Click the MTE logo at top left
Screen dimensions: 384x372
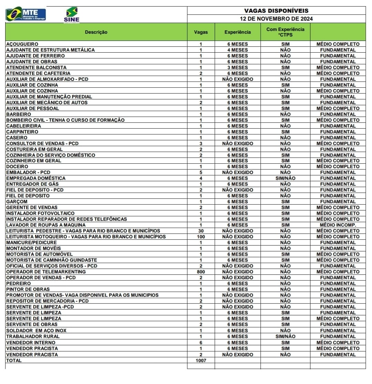click(x=26, y=14)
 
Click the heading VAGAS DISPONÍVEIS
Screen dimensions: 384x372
click(x=276, y=11)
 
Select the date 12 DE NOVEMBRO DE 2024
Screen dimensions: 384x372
click(x=276, y=19)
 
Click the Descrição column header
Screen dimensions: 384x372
click(x=96, y=32)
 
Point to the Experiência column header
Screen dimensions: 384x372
click(x=238, y=32)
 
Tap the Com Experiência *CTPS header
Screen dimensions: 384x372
click(x=285, y=32)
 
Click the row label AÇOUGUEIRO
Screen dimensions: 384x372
click(x=22, y=44)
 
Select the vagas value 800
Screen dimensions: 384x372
click(x=201, y=272)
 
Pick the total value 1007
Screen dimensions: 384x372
click(x=201, y=361)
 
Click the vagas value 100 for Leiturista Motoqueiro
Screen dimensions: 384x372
click(x=201, y=237)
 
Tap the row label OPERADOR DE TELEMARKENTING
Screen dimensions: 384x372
click(x=46, y=272)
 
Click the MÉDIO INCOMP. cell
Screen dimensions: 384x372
click(x=338, y=225)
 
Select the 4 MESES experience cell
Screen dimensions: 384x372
click(x=238, y=50)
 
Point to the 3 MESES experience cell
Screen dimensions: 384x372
click(x=238, y=67)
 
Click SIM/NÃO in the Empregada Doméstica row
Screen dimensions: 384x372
click(x=285, y=178)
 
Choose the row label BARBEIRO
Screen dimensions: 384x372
click(x=19, y=114)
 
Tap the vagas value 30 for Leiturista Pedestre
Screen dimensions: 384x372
click(x=201, y=231)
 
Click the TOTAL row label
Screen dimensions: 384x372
click(x=14, y=361)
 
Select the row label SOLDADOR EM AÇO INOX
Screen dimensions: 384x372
click(x=36, y=331)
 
